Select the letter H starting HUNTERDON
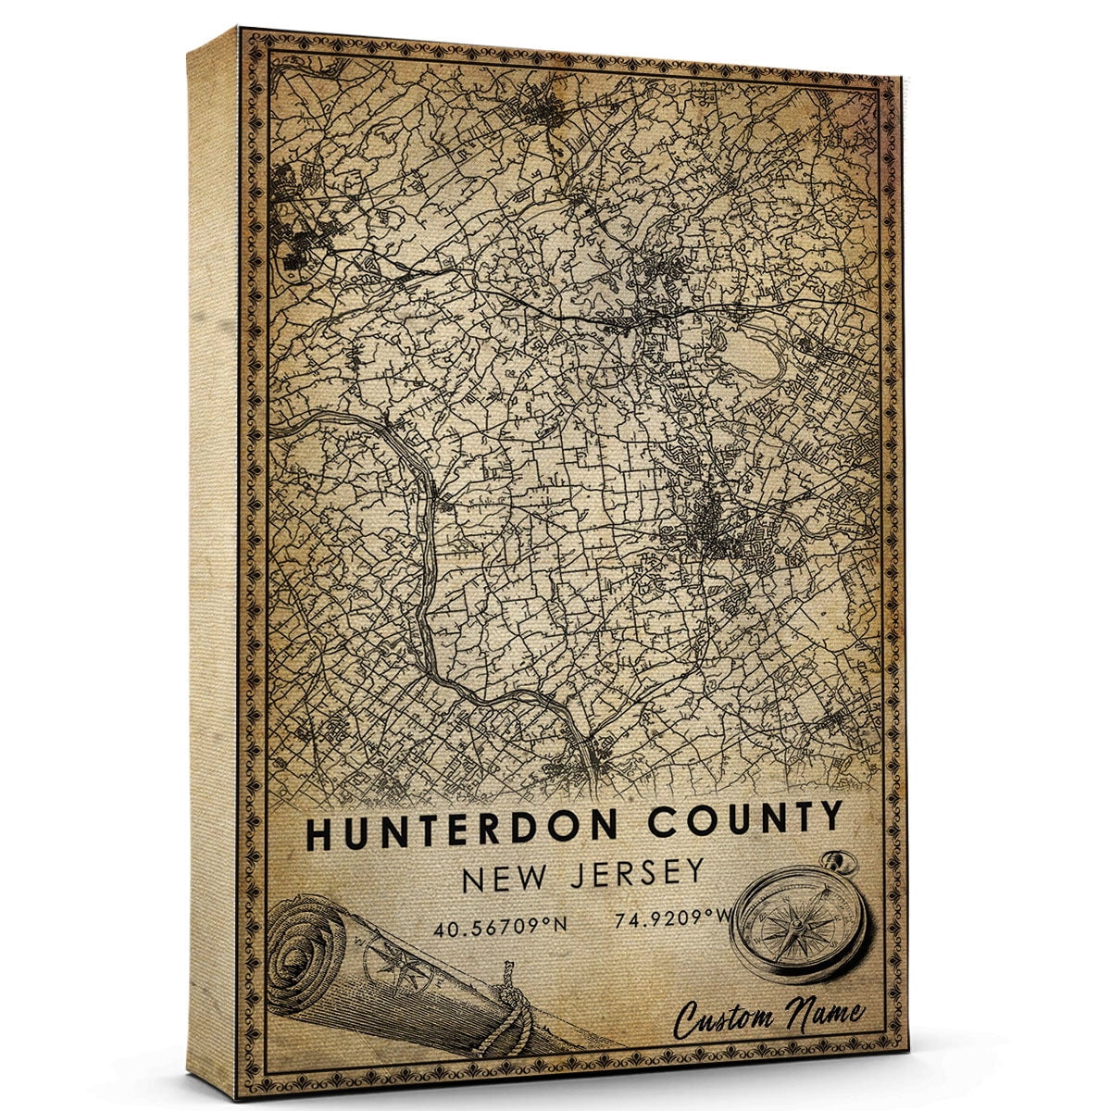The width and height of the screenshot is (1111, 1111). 318,834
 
